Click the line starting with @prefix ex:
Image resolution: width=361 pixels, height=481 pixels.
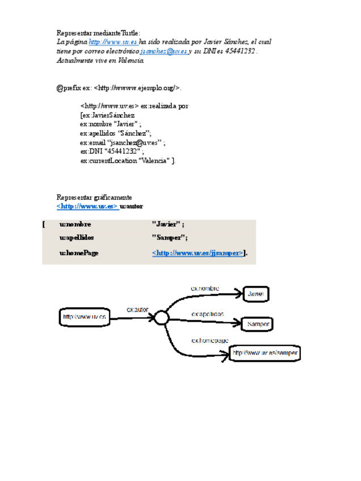[119, 88]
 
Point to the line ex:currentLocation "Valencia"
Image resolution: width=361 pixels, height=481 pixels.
[128, 161]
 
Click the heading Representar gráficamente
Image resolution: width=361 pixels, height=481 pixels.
[94, 197]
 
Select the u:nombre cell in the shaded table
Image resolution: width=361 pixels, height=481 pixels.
[75, 225]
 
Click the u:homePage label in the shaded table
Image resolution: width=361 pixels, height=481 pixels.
[79, 253]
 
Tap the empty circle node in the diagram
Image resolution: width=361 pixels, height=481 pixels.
[161, 318]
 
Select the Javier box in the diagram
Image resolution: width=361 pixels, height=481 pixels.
[255, 294]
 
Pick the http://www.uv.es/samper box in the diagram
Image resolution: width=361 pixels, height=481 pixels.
[265, 353]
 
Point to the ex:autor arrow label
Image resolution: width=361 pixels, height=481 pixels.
[138, 310]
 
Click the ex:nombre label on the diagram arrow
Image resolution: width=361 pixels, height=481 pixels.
[205, 289]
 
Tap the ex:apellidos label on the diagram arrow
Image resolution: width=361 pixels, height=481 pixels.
[208, 314]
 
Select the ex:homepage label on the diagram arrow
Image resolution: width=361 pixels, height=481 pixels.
[210, 340]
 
